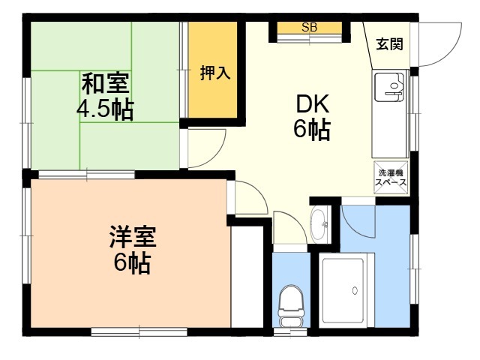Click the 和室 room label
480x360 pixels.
106,83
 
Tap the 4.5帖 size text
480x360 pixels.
105,109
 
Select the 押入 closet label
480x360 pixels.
215,73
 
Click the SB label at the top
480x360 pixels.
309,28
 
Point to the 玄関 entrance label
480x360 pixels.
389,44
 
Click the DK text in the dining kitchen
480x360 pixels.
312,104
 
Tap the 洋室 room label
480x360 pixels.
133,236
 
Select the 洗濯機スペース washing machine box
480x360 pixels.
391,177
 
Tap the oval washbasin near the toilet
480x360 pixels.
319,225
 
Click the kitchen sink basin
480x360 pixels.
388,87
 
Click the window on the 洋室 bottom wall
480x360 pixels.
139,331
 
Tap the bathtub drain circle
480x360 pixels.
355,290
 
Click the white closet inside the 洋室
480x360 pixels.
247,277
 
